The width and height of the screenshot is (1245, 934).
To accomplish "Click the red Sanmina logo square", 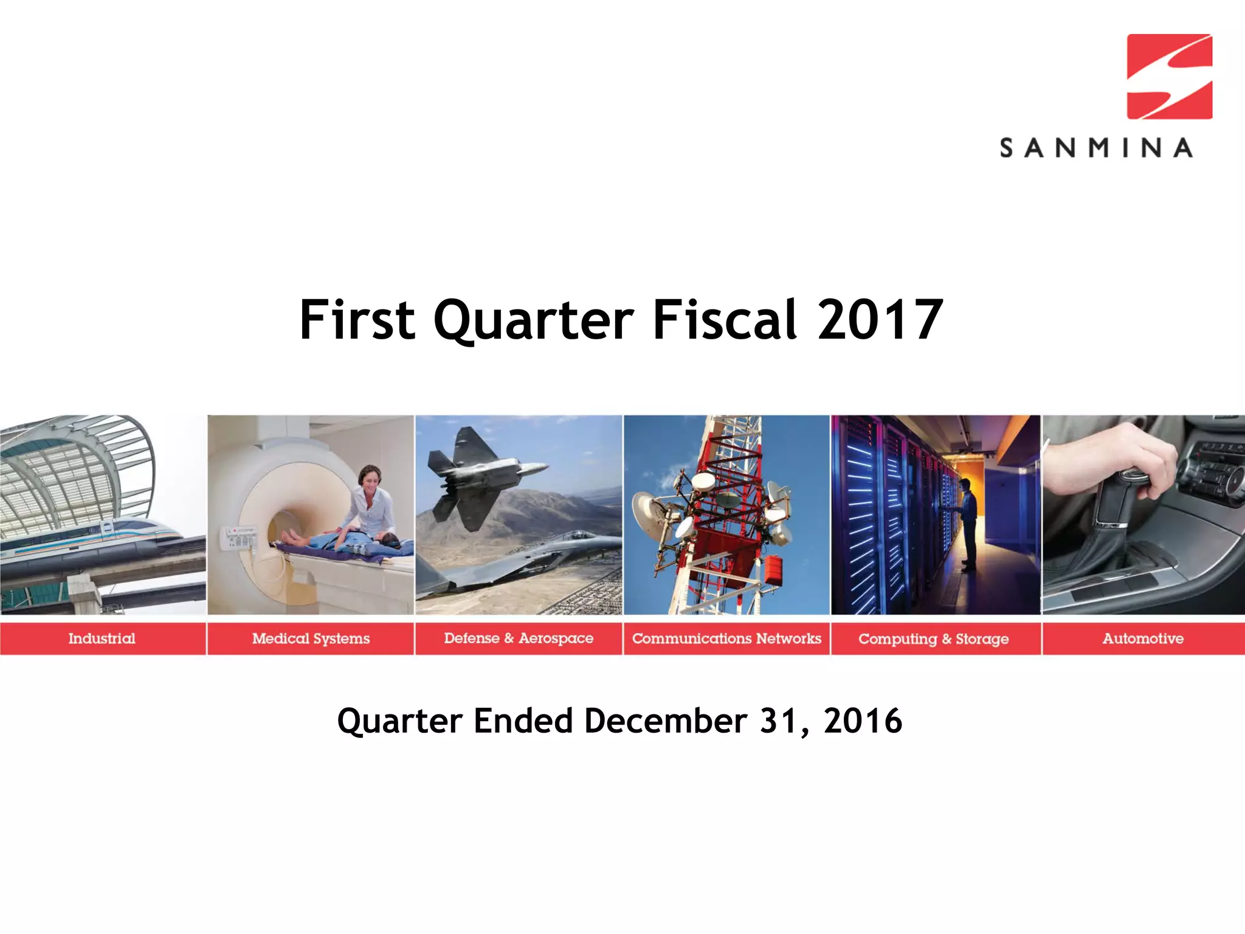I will pos(1169,77).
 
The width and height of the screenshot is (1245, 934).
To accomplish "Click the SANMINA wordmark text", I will pos(1096,148).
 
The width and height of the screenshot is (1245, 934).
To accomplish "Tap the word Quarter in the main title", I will pos(533,320).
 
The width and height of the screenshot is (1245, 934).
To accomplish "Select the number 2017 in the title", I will pos(880,320).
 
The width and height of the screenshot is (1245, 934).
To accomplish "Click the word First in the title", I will pos(357,320).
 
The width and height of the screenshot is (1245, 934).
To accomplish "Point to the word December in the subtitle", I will pos(665,722).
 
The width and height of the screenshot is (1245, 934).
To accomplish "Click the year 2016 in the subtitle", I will pos(862,722).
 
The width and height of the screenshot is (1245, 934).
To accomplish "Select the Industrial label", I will pos(102,638).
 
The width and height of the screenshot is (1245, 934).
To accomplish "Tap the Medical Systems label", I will pos(311,638).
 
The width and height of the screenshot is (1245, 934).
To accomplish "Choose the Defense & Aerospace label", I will pos(519,638).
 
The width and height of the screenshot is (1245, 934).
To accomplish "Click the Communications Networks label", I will pos(726,638).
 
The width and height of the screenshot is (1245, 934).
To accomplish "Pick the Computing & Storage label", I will pos(933,639).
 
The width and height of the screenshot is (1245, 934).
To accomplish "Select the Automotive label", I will pos(1143,638).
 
